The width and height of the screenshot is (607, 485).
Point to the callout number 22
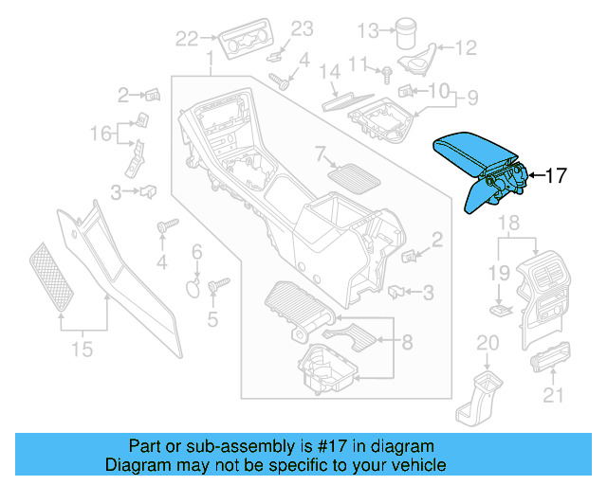186,39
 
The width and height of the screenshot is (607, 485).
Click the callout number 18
509,224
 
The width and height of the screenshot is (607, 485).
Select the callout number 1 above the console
209,62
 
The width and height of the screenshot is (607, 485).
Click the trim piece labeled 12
416,61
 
